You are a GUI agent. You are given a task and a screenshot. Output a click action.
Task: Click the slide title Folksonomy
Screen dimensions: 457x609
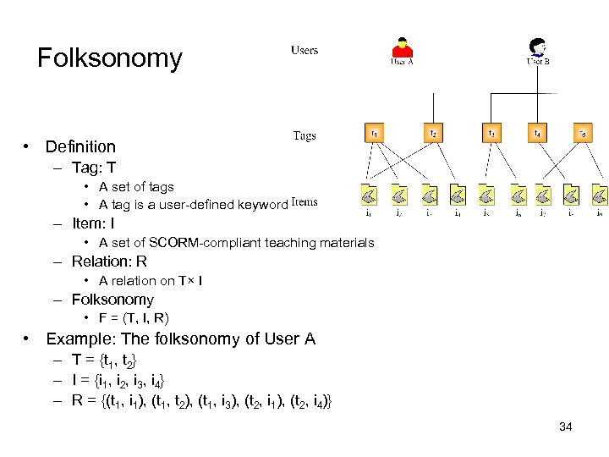coord(110,58)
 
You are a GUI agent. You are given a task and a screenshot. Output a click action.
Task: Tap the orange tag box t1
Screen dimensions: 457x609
coord(374,133)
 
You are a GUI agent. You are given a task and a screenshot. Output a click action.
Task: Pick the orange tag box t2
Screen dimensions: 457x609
coord(433,133)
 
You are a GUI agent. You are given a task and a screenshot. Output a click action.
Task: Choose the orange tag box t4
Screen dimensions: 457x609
coord(536,133)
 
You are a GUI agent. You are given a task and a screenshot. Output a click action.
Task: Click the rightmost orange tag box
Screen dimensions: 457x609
coord(582,133)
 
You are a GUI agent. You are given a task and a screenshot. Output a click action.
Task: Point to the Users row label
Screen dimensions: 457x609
coord(304,51)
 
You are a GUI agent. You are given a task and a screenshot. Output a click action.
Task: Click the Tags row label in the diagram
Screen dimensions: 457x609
coord(304,135)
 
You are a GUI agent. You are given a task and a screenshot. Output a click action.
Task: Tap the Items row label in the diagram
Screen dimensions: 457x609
coord(304,202)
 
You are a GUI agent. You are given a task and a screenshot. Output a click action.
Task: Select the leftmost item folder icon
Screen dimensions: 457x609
coord(369,196)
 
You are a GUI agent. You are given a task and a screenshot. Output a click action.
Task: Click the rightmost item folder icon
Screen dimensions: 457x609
coord(599,196)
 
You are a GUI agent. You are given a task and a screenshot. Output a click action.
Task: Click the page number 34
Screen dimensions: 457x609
coord(566,427)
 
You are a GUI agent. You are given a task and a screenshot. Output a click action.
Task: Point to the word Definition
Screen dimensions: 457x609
coord(80,147)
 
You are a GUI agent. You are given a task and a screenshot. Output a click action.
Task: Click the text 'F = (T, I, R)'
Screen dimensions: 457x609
coord(134,318)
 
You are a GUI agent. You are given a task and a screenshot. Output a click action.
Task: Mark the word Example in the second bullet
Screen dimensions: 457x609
coord(78,339)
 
